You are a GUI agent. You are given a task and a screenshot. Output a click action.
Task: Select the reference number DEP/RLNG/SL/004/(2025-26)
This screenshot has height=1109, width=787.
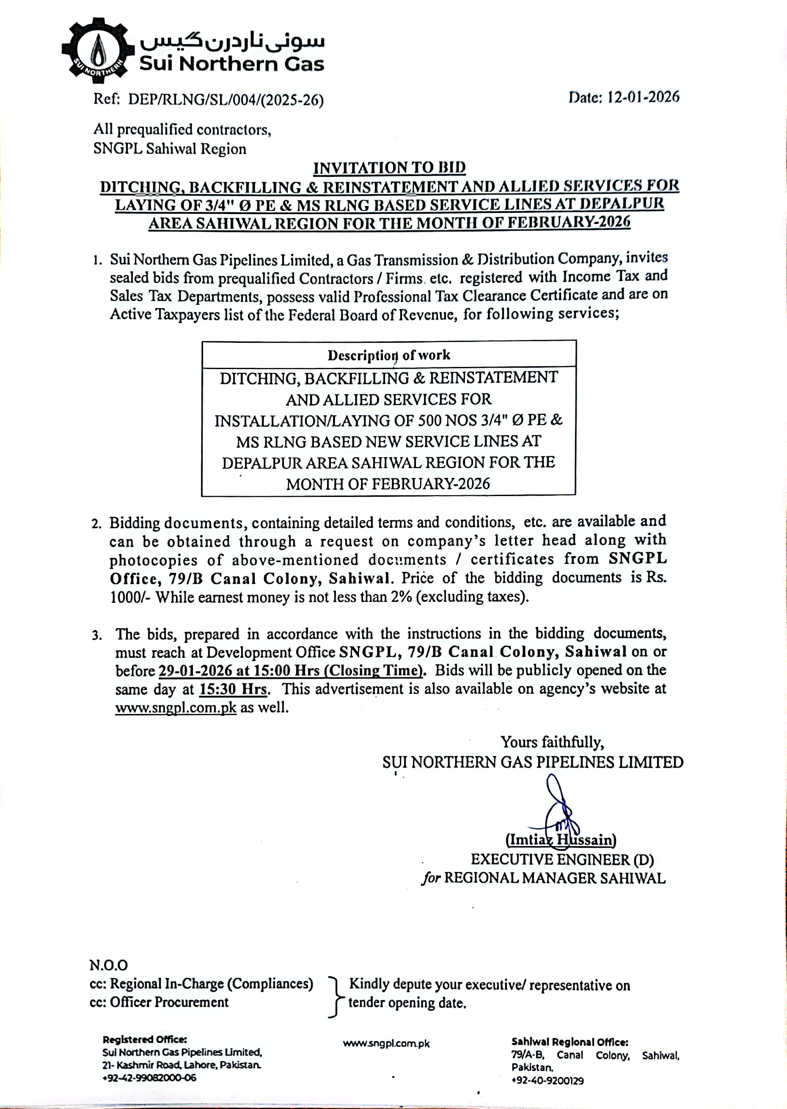point(226,99)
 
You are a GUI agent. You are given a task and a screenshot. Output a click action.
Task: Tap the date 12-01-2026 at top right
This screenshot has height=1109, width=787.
point(643,97)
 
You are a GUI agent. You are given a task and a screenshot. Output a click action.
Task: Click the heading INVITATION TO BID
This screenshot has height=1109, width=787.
point(389,168)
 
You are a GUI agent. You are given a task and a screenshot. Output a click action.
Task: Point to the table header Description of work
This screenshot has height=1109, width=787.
point(389,355)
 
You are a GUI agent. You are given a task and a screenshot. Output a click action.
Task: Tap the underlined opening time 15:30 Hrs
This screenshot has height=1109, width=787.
point(233,689)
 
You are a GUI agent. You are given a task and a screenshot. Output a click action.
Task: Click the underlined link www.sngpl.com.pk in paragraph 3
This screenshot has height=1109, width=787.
point(176,708)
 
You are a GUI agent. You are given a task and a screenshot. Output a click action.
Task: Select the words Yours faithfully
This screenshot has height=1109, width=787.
point(552,742)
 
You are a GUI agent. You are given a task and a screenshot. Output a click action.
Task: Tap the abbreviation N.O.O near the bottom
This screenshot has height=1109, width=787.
point(109,965)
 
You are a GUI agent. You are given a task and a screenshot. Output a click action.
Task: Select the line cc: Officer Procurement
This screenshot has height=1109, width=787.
point(159,1002)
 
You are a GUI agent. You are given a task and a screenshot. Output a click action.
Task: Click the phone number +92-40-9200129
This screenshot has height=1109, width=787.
point(548,1080)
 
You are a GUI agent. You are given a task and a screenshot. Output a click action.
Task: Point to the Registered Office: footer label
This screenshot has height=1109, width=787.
point(145,1039)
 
